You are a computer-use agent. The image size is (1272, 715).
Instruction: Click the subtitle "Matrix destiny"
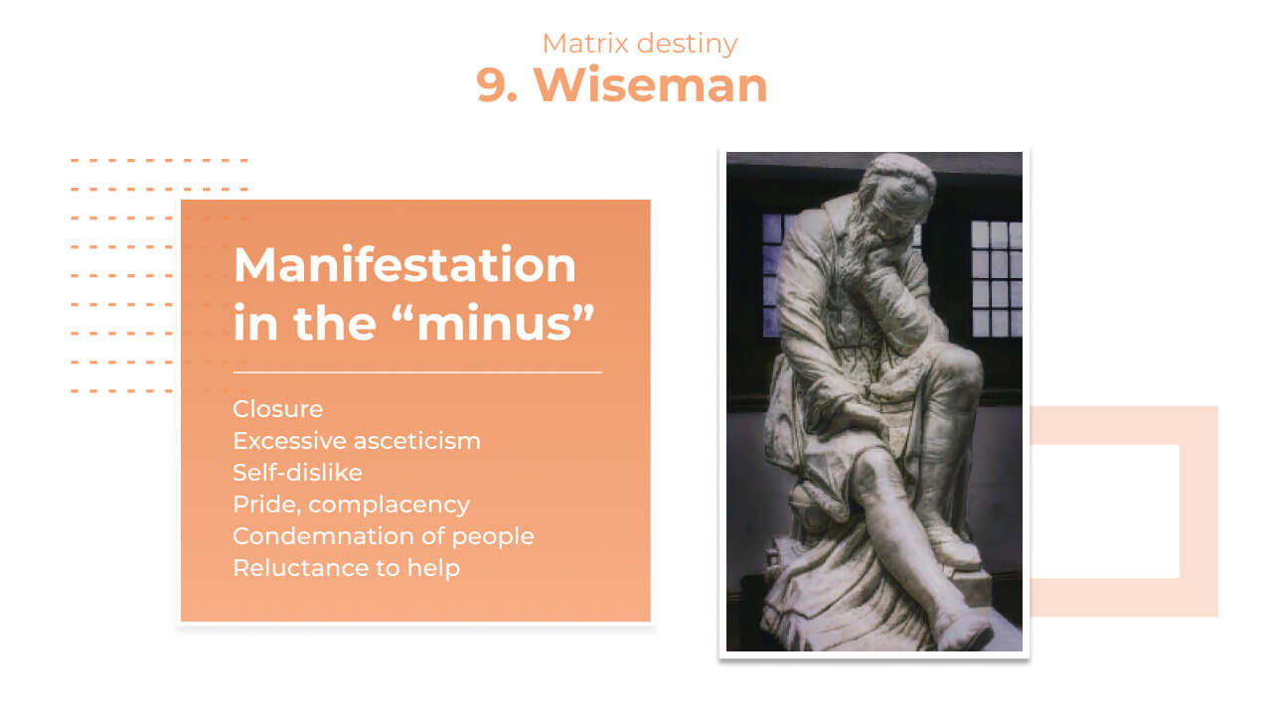pyautogui.click(x=640, y=44)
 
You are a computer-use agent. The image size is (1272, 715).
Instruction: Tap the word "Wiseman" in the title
pyautogui.click(x=650, y=85)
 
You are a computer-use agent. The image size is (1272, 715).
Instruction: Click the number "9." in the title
pyautogui.click(x=497, y=85)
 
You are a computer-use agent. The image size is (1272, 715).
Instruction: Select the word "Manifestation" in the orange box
pyautogui.click(x=404, y=265)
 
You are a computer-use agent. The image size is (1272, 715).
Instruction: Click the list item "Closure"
pyautogui.click(x=277, y=409)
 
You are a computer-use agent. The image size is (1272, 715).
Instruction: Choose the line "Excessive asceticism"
pyautogui.click(x=357, y=441)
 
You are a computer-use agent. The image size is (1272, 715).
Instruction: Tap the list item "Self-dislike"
pyautogui.click(x=297, y=473)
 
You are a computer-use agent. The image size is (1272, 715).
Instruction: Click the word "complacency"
pyautogui.click(x=389, y=505)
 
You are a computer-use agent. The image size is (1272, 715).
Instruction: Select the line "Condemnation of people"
pyautogui.click(x=384, y=537)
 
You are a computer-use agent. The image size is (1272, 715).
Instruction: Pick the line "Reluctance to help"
pyautogui.click(x=347, y=569)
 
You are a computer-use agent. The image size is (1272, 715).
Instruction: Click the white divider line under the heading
pyautogui.click(x=417, y=372)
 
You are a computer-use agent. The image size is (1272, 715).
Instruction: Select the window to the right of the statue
pyautogui.click(x=997, y=278)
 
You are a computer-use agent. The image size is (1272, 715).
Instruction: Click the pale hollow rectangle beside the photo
pyautogui.click(x=1198, y=510)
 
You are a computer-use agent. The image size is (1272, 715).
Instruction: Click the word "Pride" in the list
pyautogui.click(x=265, y=504)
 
